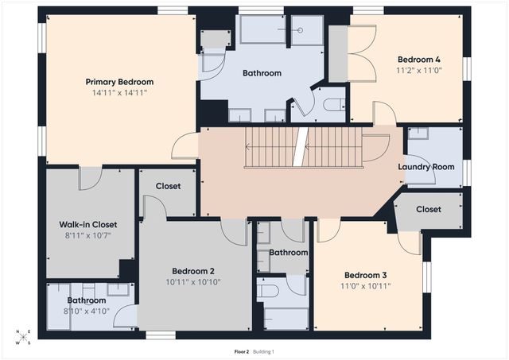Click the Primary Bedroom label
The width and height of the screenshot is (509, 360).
pos(119,82)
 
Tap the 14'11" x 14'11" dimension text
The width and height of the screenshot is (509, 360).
pos(119,93)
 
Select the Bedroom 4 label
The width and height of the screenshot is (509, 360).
pos(418,59)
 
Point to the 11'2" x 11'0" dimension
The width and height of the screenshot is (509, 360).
pos(418,70)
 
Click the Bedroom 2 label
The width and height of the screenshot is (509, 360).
pos(192,270)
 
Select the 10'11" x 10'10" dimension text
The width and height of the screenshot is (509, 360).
pos(192,281)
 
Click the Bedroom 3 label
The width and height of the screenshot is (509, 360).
pos(367,274)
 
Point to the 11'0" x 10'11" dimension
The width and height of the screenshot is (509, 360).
pos(367,285)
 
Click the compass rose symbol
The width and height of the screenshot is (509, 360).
pos(25,338)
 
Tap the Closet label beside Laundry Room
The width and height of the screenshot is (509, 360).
pos(429,210)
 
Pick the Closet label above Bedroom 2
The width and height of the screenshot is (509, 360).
pos(168,186)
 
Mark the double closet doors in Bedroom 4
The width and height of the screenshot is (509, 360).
pos(363,54)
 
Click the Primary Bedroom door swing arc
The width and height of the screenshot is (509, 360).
pos(187,145)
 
